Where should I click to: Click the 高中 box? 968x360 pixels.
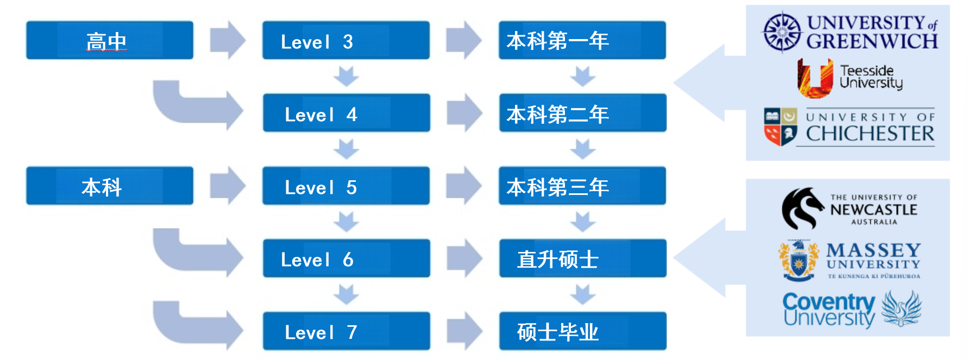click(109, 40)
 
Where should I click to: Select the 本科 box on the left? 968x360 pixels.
click(109, 186)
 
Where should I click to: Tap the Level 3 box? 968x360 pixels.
click(345, 40)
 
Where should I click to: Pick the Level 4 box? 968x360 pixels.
click(346, 113)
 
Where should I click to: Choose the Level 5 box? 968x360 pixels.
click(345, 186)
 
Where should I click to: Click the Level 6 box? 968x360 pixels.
click(346, 258)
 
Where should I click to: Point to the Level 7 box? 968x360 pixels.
click(346, 331)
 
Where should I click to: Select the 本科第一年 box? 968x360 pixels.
click(582, 40)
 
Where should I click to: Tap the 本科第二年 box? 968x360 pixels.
click(582, 113)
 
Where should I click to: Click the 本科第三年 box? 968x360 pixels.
click(582, 186)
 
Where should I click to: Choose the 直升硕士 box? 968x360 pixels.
click(582, 258)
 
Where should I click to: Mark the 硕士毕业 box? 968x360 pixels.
click(582, 331)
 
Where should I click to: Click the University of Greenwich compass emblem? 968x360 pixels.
click(782, 32)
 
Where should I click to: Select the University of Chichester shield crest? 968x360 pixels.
click(780, 126)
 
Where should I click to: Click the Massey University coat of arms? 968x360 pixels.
click(798, 261)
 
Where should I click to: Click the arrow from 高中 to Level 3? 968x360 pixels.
click(228, 40)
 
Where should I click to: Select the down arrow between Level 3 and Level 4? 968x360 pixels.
click(346, 76)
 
